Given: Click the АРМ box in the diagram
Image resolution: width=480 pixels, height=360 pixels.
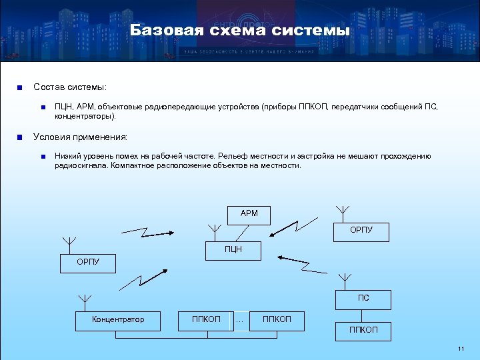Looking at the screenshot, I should point(249,215).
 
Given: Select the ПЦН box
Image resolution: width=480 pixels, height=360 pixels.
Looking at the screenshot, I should point(233,250).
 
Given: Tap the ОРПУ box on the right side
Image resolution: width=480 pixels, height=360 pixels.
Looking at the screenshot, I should point(361,231).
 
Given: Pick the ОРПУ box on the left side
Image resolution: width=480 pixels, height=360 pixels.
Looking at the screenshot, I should point(88,263).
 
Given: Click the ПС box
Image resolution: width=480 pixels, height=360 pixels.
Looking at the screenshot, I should point(363,298).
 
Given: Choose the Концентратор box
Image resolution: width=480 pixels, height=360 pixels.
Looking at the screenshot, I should point(118,320).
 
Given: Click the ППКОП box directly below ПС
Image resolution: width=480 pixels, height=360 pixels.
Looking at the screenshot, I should point(363,331).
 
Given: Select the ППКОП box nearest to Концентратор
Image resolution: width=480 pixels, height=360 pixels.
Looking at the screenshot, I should point(206,320).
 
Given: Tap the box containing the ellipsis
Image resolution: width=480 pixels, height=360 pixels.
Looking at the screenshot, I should point(240,321).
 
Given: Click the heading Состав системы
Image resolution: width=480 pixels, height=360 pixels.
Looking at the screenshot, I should point(70,87).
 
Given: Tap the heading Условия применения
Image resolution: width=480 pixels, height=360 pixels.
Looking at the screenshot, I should point(80,137).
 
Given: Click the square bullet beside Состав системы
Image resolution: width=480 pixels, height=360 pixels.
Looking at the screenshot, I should point(21,87).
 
